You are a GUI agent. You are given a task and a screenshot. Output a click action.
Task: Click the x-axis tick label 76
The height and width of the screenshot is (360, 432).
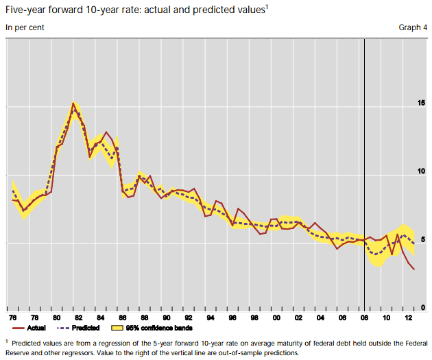12,320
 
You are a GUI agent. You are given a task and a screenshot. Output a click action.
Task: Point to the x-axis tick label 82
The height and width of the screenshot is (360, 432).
79,320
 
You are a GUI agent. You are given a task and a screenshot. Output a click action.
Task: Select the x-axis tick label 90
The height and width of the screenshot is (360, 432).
166,320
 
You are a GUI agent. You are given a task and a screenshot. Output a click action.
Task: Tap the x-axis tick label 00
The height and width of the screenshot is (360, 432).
276,320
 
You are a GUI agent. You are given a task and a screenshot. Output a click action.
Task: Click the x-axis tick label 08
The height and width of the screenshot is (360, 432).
363,320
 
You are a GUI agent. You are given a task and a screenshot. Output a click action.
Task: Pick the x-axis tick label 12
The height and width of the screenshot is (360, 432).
407,320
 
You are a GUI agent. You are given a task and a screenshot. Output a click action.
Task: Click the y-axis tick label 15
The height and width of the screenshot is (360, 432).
420,104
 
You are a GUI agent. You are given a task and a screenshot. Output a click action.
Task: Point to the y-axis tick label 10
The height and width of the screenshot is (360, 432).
420,171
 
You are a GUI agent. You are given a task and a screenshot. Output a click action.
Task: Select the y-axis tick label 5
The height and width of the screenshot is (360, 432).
422,239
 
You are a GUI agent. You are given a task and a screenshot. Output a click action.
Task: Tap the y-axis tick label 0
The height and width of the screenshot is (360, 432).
422,307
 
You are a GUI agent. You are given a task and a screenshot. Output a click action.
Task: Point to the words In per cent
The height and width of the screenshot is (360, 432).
23,27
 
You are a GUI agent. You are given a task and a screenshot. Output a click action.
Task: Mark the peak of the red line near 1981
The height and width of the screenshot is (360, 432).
73,104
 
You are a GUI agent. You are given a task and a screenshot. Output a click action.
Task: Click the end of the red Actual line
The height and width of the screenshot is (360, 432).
413,269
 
